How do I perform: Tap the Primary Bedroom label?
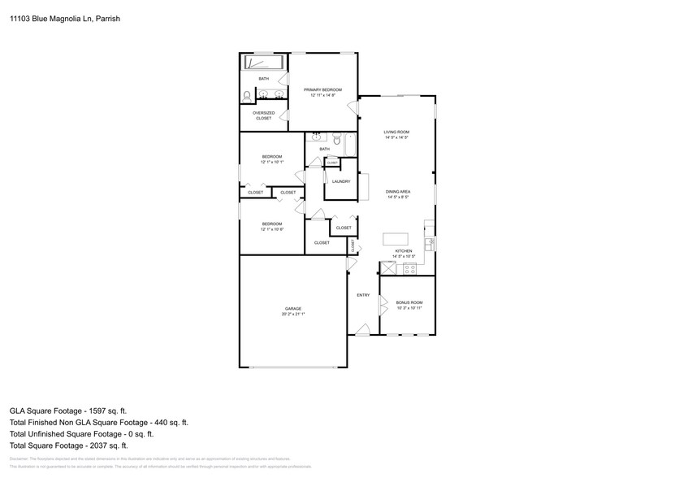pyautogui.click(x=322, y=89)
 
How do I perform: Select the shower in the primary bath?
pyautogui.click(x=263, y=63)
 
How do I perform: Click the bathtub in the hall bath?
pyautogui.click(x=349, y=145)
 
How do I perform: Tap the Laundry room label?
pyautogui.click(x=341, y=181)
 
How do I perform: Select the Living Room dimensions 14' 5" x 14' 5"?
pyautogui.click(x=396, y=138)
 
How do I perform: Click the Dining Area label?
pyautogui.click(x=397, y=192)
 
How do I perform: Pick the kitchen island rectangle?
pyautogui.click(x=395, y=240)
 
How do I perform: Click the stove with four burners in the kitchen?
pyautogui.click(x=409, y=267)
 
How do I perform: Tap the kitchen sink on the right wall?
pyautogui.click(x=430, y=242)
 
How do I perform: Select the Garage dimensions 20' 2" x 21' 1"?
pyautogui.click(x=293, y=314)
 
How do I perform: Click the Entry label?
pyautogui.click(x=363, y=295)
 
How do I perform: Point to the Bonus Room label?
pyautogui.click(x=409, y=302)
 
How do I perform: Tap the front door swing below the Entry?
pyautogui.click(x=362, y=329)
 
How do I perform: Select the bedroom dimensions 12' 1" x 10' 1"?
pyautogui.click(x=271, y=163)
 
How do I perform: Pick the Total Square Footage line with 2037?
pyautogui.click(x=69, y=445)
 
